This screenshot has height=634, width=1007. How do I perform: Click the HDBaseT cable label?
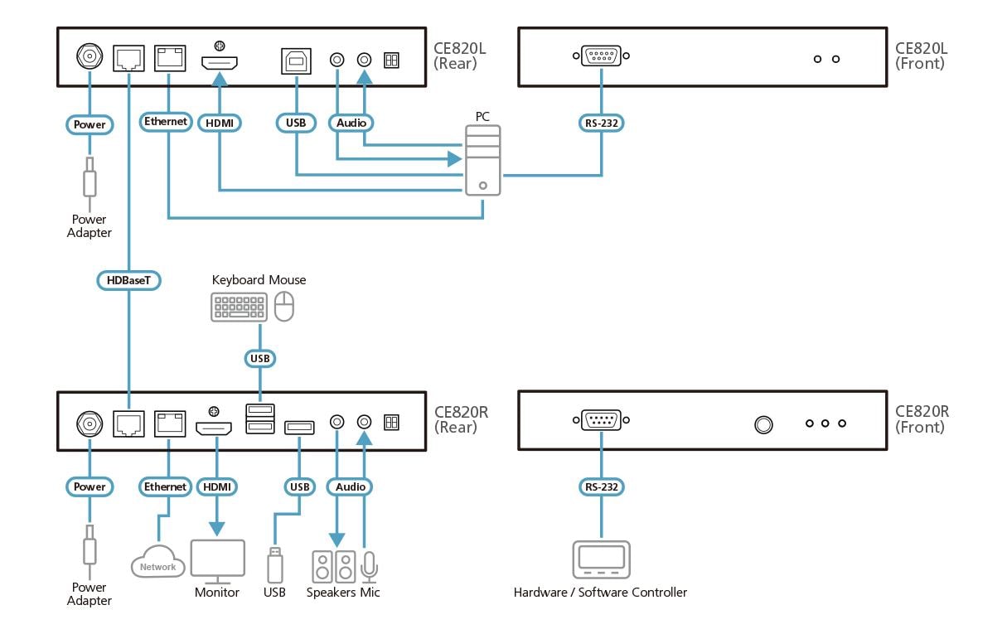coord(128,281)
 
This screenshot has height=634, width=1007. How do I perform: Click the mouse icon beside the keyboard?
coord(284,307)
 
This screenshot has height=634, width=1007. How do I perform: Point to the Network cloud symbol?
coord(157,564)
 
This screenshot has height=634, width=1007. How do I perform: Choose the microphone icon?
coord(369,567)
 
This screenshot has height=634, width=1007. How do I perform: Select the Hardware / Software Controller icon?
coord(601,559)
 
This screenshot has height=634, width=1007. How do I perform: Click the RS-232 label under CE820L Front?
coord(601,123)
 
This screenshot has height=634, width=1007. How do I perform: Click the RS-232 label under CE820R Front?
coord(601,486)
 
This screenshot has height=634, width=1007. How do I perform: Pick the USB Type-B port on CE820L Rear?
coord(296,60)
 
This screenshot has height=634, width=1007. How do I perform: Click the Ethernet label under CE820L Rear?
coord(167,122)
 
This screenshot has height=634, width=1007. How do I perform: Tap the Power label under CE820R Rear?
coord(90,486)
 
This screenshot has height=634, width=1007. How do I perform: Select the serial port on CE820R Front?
coord(601,421)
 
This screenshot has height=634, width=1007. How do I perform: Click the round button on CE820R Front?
coord(763,424)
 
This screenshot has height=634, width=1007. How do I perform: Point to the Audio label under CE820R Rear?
coord(351,486)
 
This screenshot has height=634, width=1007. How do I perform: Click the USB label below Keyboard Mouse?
coord(260,359)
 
